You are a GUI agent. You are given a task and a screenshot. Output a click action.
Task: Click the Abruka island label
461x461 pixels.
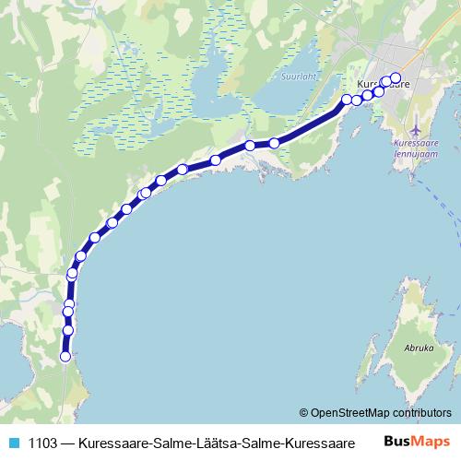tap(419, 349)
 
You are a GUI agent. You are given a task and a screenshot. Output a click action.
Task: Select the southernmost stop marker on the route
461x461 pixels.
tap(65, 356)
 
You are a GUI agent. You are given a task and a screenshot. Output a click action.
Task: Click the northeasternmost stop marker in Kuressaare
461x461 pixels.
tap(396, 78)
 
